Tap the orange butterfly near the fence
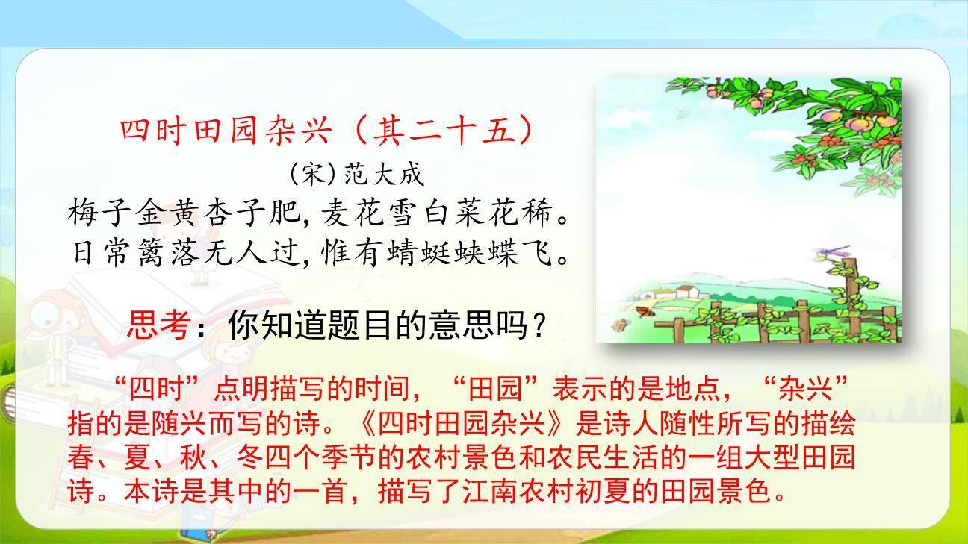[642, 310]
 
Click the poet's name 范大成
[383, 175]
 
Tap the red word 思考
[158, 325]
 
